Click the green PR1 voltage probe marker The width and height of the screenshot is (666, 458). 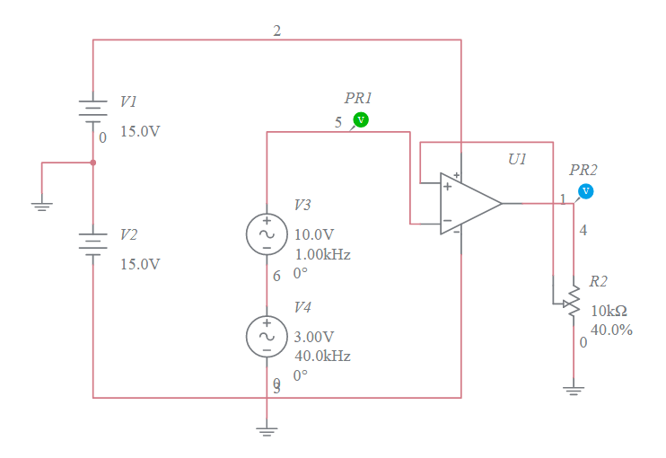pos(360,119)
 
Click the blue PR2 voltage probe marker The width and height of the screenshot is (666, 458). pos(585,190)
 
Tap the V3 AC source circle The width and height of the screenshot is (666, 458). pos(267,233)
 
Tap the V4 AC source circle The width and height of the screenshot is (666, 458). pos(267,335)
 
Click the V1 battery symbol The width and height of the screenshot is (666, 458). pos(93,110)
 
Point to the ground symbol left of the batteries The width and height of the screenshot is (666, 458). pos(41,206)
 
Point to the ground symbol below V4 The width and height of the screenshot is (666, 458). pos(267,431)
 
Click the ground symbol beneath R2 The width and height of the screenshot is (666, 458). pos(573,390)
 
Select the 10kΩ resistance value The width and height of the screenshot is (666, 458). pos(609,311)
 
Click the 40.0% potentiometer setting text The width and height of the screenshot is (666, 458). pos(611,330)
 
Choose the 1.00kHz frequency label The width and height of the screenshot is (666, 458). pos(322,254)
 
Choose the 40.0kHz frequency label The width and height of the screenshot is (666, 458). pos(322,356)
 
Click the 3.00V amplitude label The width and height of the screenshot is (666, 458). pos(314,337)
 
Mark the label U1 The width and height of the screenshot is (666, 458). pos(517,159)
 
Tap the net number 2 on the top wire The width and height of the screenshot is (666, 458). pos(276,31)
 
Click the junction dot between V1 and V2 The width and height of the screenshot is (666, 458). pos(93,163)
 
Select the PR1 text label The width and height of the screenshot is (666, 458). pos(358,98)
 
